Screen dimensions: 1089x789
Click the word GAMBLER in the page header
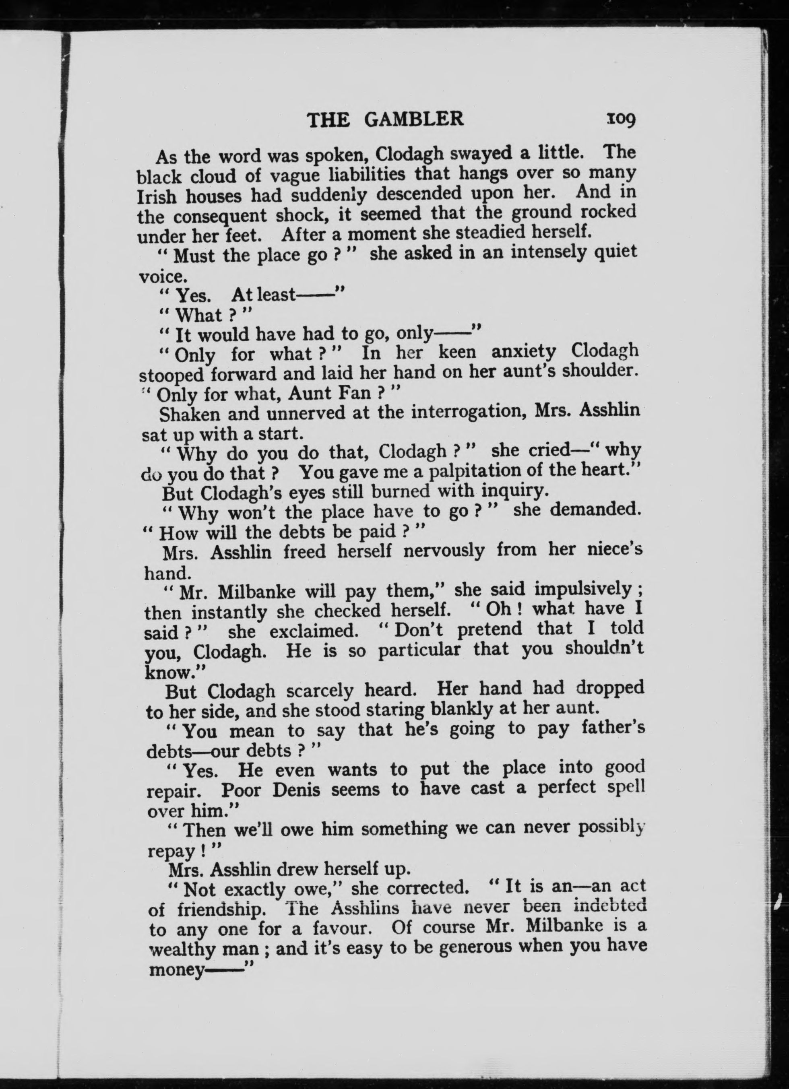coord(414,119)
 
